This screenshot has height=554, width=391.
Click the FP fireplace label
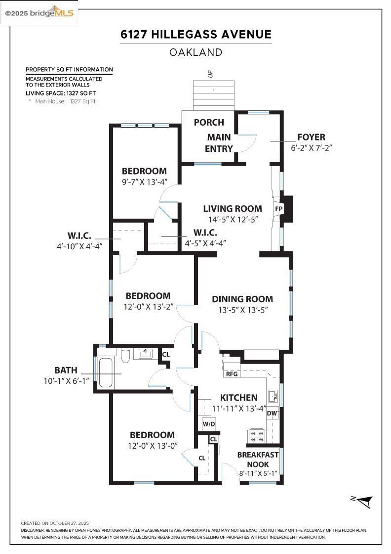(278, 209)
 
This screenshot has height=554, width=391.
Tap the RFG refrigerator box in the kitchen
(232, 373)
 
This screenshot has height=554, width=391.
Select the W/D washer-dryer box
(208, 424)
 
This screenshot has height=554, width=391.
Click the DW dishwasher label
(272, 413)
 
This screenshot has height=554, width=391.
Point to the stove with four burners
(257, 436)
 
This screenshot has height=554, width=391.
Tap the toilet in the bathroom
(125, 355)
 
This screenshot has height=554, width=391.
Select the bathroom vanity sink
(146, 354)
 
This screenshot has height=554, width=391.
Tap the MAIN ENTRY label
(219, 142)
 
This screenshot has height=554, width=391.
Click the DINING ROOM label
(242, 299)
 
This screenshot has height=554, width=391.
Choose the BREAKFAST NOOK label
(258, 460)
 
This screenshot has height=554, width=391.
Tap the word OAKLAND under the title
(195, 52)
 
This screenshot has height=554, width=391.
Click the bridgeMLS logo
(39, 13)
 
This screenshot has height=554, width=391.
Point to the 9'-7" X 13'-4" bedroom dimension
(145, 182)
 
